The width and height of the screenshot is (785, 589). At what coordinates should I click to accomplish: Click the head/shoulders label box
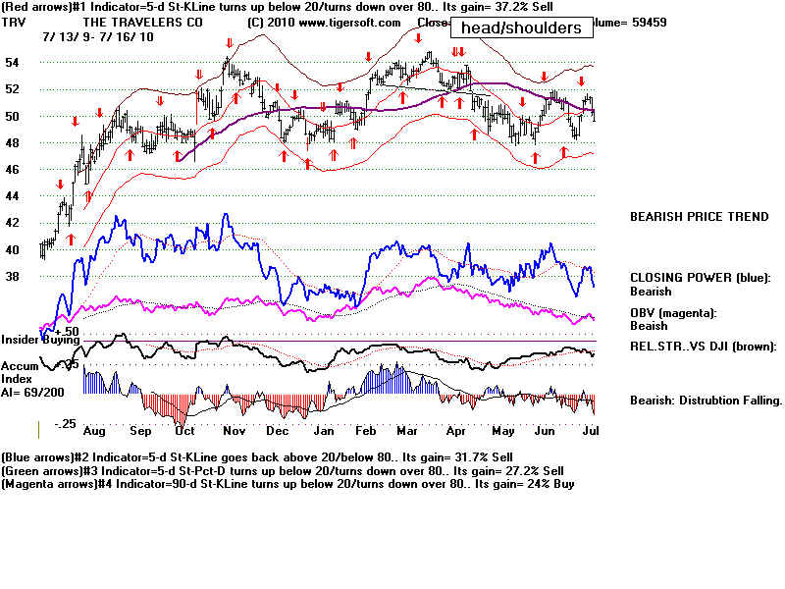522,27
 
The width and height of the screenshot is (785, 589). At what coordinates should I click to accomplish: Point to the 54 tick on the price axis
13,62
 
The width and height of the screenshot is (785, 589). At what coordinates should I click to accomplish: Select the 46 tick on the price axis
13,170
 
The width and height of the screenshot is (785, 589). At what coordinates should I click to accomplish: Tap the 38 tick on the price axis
13,277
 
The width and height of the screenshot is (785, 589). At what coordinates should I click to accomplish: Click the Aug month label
95,431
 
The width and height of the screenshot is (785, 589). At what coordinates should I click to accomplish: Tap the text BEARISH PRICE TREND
699,217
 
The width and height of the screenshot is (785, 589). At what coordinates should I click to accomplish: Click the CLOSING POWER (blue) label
700,278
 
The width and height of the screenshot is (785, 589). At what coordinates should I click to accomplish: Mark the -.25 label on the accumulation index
65,423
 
